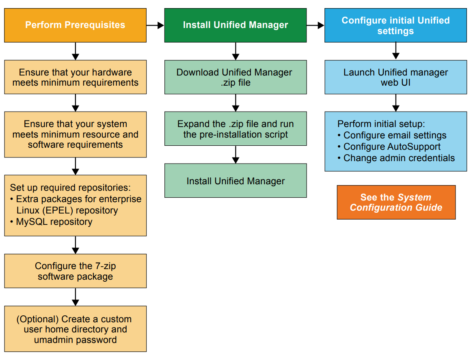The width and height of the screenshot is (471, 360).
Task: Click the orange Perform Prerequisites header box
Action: pos(75,25)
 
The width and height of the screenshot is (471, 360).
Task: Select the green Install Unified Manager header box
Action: pos(235,25)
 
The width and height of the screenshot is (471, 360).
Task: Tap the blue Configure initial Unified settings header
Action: pos(395,26)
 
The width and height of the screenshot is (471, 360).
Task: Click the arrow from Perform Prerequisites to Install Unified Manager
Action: pos(155,26)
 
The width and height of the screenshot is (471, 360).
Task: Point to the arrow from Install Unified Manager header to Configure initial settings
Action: pos(315,26)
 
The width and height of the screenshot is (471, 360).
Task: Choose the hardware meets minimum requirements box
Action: pos(75,77)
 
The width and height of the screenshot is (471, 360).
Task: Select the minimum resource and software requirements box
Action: pos(75,134)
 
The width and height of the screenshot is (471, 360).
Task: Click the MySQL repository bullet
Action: pos(54,222)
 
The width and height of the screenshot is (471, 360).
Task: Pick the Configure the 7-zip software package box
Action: pos(75,271)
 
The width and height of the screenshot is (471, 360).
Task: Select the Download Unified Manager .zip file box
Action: pos(235,77)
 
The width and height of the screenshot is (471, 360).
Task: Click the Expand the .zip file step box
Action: pos(235,129)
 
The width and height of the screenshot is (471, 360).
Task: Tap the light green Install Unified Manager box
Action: pos(235,181)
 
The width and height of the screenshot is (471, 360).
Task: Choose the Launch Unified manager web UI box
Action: pos(395,77)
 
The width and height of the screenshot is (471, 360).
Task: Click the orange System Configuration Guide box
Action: pos(396,203)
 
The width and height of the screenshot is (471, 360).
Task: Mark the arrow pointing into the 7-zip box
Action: pos(75,245)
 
